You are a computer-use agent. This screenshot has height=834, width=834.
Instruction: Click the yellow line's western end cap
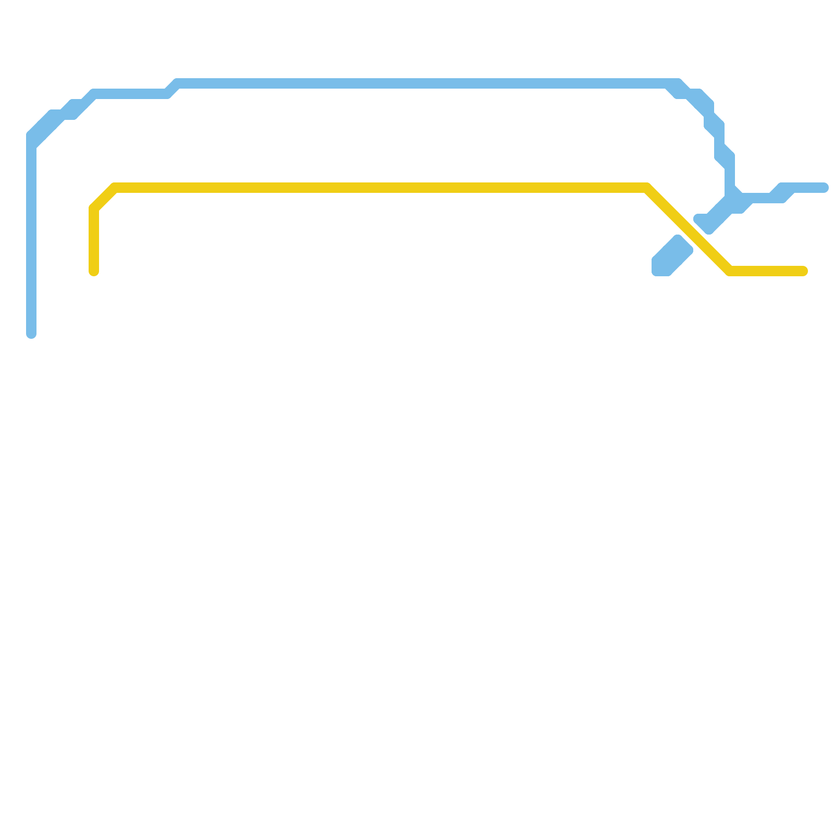point(94,271)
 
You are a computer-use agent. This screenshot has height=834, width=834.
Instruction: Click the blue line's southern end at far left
point(31,334)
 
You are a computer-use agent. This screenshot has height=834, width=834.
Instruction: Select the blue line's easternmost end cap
point(824,188)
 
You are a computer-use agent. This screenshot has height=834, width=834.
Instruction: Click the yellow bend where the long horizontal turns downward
point(646,188)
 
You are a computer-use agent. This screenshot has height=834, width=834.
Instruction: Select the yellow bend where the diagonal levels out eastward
point(730,271)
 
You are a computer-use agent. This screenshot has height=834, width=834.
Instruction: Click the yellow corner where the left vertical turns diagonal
point(94,208)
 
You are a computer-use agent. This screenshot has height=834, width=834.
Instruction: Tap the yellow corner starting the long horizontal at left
point(115,188)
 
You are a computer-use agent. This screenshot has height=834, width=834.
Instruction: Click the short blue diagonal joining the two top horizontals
point(172,89)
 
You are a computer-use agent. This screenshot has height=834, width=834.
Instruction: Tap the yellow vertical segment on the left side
point(94,240)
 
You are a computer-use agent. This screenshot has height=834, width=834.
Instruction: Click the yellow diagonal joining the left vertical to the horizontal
point(104,198)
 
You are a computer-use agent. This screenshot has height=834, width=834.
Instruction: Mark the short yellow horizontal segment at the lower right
point(766,271)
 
